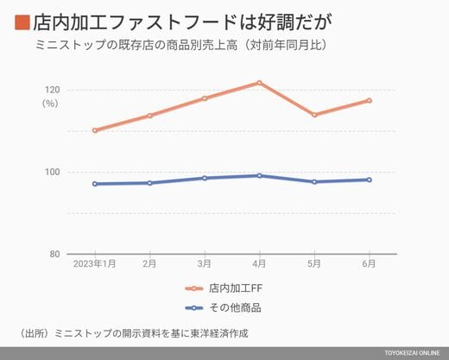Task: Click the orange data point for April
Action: click(x=259, y=83)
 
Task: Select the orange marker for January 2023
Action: click(x=95, y=130)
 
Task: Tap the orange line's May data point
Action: click(x=314, y=115)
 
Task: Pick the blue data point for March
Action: click(x=205, y=178)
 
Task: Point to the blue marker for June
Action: click(x=370, y=180)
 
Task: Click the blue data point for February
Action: click(x=149, y=183)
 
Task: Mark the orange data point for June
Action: click(x=370, y=100)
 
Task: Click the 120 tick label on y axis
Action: click(x=52, y=90)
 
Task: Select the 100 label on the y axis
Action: click(x=52, y=172)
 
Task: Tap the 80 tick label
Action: click(x=54, y=254)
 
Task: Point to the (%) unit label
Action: click(x=50, y=104)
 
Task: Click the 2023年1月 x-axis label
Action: click(x=94, y=263)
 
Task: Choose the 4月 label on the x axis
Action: click(x=259, y=263)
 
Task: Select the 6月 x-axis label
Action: click(x=369, y=263)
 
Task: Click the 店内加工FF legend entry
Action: click(x=224, y=288)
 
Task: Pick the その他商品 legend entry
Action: click(x=224, y=308)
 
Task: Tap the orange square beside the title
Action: click(x=22, y=22)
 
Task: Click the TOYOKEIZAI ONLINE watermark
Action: click(x=412, y=353)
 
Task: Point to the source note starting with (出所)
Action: click(x=134, y=333)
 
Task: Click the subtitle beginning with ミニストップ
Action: click(x=181, y=45)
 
